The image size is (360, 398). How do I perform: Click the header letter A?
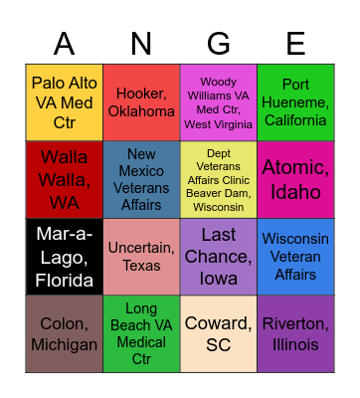tap(64, 44)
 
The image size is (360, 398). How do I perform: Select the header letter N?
tap(141, 44)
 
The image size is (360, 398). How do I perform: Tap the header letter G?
tap(219, 44)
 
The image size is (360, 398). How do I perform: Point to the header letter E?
tap(295, 44)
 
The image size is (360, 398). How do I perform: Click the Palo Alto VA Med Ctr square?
tap(64, 102)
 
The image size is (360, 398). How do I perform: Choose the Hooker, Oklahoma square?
tap(141, 102)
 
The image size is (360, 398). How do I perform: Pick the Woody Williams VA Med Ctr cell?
tap(219, 102)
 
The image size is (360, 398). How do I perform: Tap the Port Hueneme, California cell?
tap(295, 102)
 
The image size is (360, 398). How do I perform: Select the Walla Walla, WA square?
tap(64, 179)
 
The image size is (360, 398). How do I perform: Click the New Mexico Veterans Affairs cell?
tap(141, 179)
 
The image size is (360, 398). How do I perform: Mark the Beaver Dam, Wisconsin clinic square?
tap(219, 179)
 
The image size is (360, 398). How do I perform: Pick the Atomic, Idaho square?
tap(295, 179)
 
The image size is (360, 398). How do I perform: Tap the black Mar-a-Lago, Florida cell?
tap(64, 257)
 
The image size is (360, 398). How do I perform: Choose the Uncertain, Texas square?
tap(141, 257)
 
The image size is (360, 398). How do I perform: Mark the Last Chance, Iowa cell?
tap(219, 257)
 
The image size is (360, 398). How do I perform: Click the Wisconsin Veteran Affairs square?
tap(295, 257)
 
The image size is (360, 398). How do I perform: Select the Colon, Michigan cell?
tap(64, 334)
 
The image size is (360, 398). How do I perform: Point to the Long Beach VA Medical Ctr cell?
tap(141, 334)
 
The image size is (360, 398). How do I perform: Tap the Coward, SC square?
tap(219, 334)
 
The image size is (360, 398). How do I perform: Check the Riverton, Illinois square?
tap(295, 334)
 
